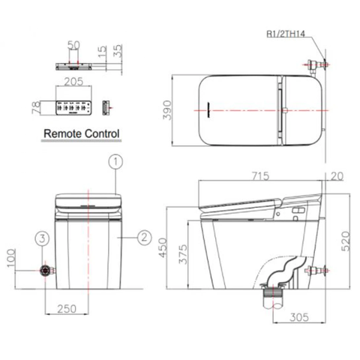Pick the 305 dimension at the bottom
coord(299,316)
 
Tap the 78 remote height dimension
coord(31,107)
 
